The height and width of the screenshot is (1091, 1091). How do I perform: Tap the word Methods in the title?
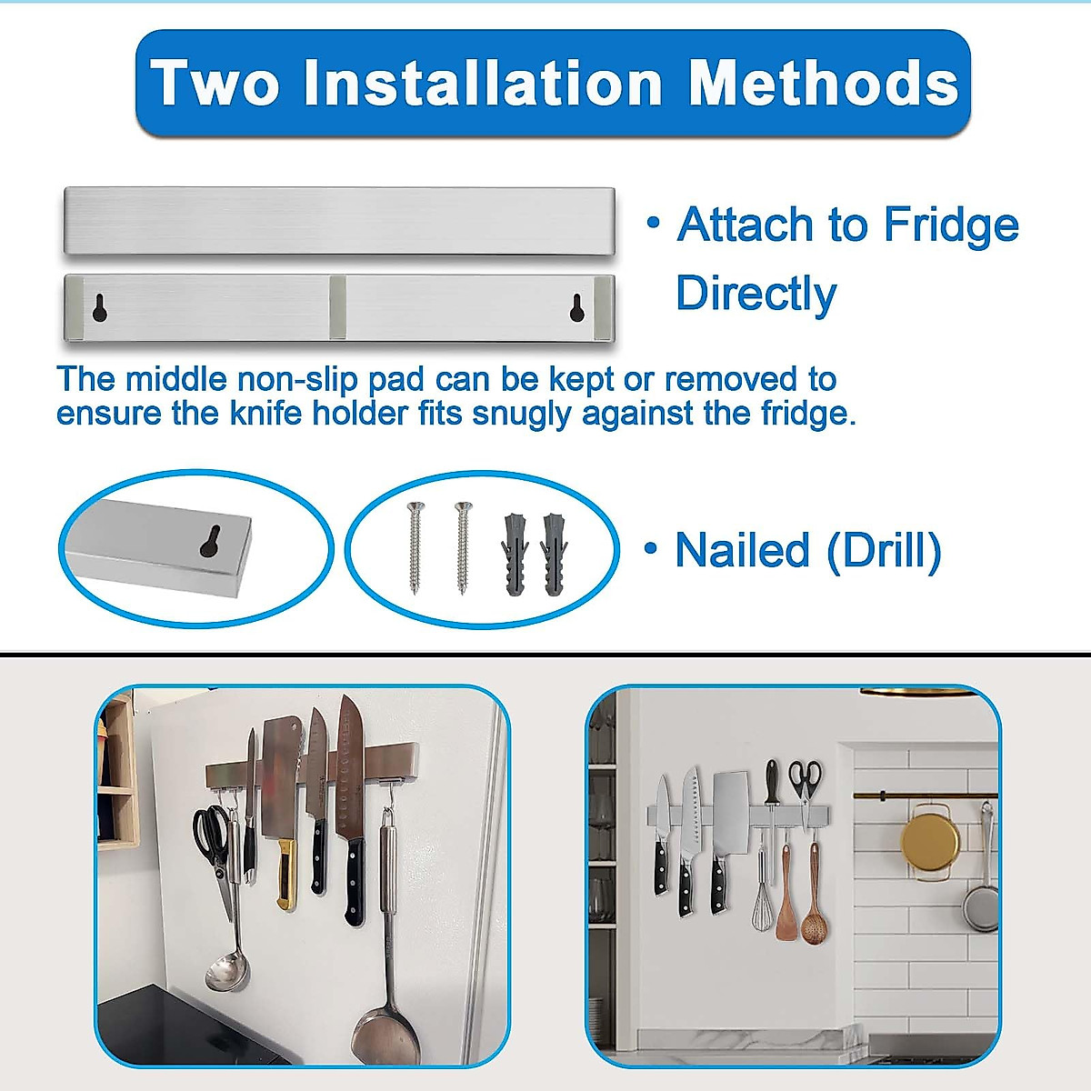point(823,84)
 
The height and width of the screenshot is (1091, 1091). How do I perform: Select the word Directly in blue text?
point(756,294)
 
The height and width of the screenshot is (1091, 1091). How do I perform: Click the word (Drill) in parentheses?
point(884,551)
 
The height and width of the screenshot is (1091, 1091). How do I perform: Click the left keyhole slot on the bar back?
point(100,308)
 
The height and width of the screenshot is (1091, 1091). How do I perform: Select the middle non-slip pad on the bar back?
point(337,307)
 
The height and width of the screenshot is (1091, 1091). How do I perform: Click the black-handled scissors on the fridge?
point(213,841)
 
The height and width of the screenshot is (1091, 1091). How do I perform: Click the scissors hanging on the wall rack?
point(805,782)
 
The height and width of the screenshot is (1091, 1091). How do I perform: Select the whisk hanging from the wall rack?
point(764,896)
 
